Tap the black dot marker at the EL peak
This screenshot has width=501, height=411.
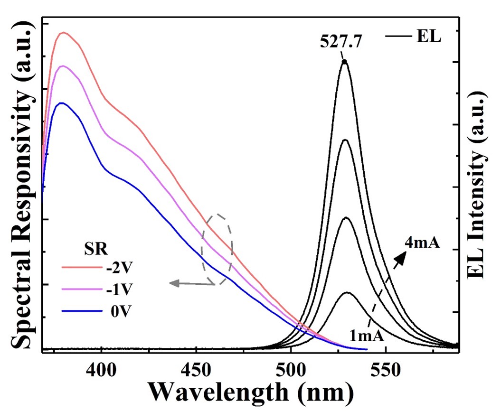pyautogui.click(x=344, y=62)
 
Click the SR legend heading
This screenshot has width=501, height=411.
pyautogui.click(x=88, y=248)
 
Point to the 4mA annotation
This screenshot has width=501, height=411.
pyautogui.click(x=423, y=245)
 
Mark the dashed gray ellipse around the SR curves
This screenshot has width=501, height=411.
pyautogui.click(x=217, y=249)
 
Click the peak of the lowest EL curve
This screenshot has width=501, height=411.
pyautogui.click(x=347, y=292)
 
